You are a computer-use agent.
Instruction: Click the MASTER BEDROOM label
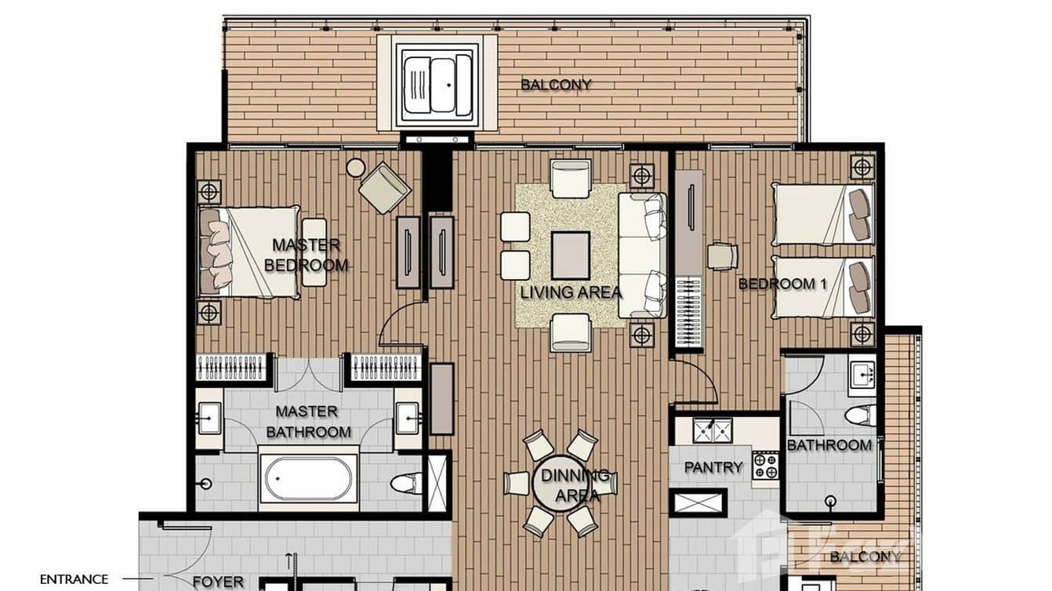point(306,255)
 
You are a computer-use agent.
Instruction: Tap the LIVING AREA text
point(571,292)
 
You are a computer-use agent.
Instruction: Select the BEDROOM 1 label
point(782,284)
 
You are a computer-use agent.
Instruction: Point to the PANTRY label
point(713,467)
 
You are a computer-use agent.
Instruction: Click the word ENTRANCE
point(74,579)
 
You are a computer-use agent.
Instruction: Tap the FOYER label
point(218,582)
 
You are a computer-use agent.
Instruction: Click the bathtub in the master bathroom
point(308,478)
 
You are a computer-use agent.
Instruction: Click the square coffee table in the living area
point(570,256)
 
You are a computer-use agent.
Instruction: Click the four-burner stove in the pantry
point(765,466)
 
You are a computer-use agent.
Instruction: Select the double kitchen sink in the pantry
point(713,430)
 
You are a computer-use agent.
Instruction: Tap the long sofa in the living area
point(641,256)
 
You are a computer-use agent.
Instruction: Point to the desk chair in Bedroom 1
point(722,256)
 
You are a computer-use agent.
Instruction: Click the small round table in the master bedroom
point(356,167)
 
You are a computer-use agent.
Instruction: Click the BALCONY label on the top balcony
point(556,85)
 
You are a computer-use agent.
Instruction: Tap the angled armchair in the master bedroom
point(384,187)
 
